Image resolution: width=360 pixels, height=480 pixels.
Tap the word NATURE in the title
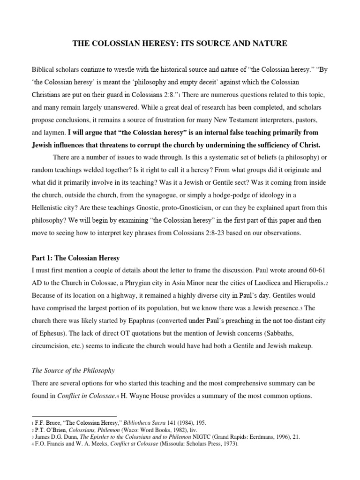click(270, 44)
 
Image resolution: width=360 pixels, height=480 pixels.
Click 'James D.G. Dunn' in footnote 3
click(57, 437)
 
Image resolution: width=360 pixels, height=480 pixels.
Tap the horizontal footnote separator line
click(74, 416)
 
